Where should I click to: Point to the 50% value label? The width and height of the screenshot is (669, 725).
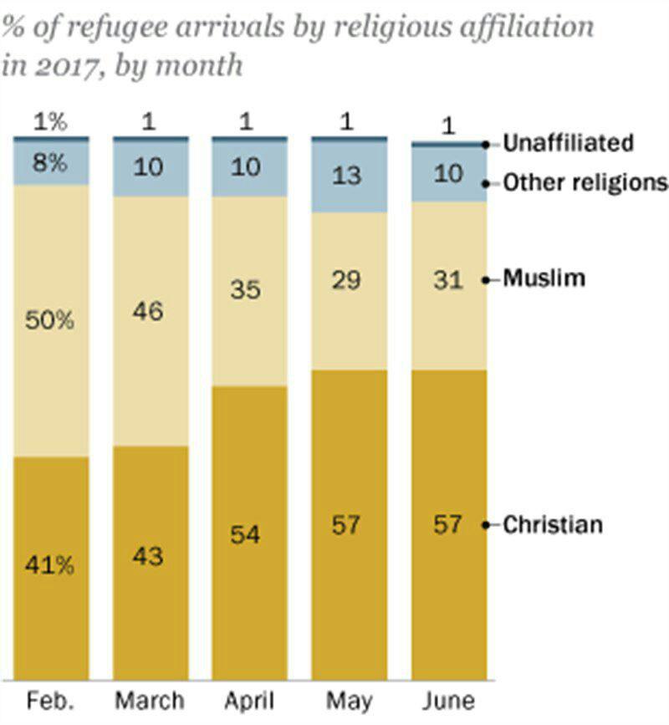click(50, 320)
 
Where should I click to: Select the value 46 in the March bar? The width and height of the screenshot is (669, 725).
click(149, 312)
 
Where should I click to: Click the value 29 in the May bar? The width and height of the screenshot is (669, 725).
click(346, 280)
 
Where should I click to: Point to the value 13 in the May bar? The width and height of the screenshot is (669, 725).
click(346, 174)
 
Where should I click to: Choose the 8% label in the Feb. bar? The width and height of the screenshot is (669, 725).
click(50, 162)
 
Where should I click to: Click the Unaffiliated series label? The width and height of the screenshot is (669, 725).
click(568, 143)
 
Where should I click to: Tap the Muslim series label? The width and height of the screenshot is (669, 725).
click(544, 278)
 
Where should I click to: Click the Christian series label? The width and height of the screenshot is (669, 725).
click(553, 525)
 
